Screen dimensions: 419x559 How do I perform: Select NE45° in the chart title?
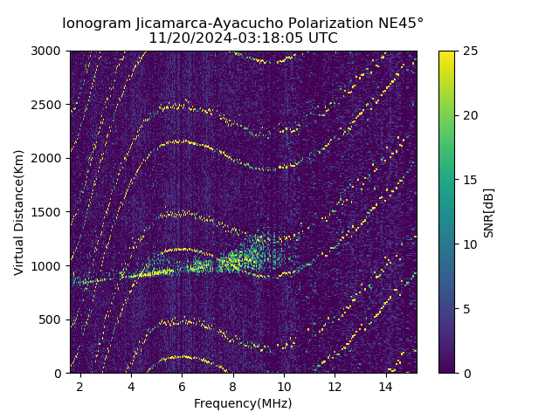point(400,23)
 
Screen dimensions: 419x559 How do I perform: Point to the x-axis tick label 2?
point(80,386)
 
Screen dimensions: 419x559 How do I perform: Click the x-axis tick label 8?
point(233,386)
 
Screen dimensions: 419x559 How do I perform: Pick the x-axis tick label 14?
point(386,386)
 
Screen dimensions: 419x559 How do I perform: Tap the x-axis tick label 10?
point(284,386)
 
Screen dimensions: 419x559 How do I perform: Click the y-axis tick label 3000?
point(49,51)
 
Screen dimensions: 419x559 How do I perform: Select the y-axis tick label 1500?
point(49,212)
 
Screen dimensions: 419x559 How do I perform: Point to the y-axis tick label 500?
point(52,319)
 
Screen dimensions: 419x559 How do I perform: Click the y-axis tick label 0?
point(59,374)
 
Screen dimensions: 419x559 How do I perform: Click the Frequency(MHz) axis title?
point(243,403)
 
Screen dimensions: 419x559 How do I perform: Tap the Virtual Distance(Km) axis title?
point(19,212)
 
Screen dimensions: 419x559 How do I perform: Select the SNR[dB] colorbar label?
point(489,212)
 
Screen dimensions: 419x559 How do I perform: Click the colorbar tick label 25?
point(468,51)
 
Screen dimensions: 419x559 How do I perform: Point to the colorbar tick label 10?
point(468,244)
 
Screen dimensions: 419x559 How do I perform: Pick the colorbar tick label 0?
point(465,374)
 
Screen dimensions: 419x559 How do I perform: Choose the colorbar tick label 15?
point(468,180)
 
